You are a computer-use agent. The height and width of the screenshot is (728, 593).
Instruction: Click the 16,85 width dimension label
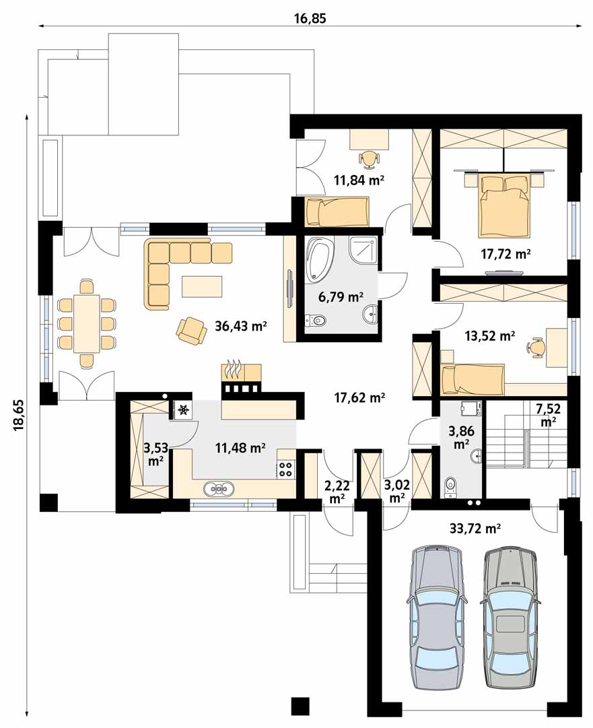(x=310, y=18)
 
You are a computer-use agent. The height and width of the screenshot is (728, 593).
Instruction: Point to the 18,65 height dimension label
(x=20, y=415)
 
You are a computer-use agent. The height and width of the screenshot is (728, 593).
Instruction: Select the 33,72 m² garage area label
(x=475, y=528)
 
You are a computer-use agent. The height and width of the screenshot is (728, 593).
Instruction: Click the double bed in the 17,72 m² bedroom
(x=504, y=204)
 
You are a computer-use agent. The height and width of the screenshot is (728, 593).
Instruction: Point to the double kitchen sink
(x=219, y=489)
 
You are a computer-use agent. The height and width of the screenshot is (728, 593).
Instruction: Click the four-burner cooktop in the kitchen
(x=285, y=469)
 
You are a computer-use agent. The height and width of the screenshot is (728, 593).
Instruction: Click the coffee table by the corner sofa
(x=203, y=286)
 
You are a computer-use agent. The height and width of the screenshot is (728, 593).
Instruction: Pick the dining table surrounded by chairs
(x=87, y=323)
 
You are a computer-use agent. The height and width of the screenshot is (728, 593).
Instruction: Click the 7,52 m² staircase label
(x=549, y=415)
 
